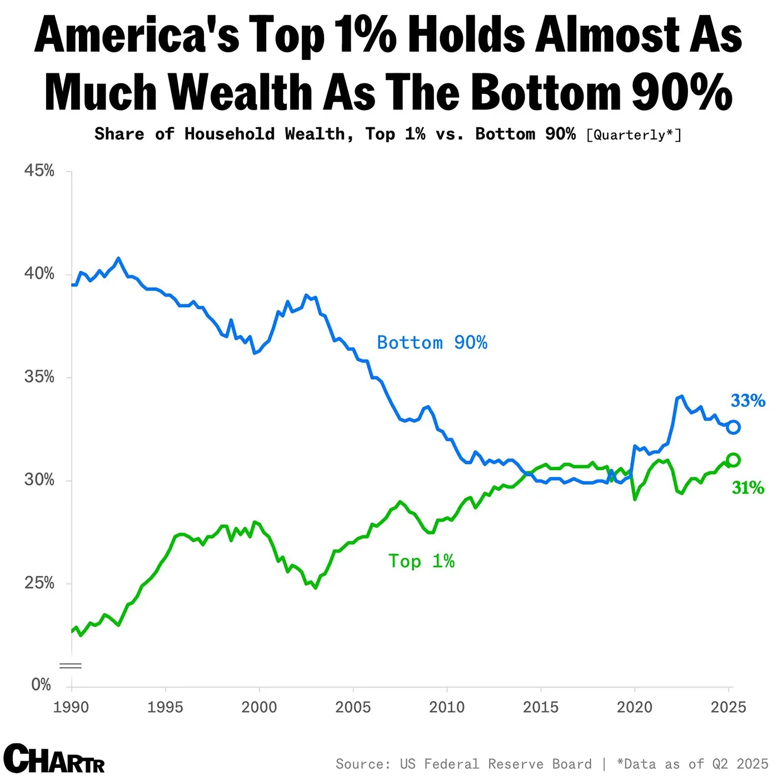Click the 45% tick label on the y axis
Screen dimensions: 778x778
pyautogui.click(x=39, y=171)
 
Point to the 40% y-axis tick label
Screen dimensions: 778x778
pyautogui.click(x=39, y=273)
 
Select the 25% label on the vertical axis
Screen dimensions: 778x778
pyautogui.click(x=39, y=583)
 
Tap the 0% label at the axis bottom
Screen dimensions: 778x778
pyautogui.click(x=41, y=685)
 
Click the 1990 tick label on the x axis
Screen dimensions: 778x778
pyautogui.click(x=71, y=707)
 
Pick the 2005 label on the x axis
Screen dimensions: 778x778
pyautogui.click(x=353, y=707)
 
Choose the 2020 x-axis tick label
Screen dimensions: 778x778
pyautogui.click(x=635, y=707)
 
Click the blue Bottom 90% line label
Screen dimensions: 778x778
pyautogui.click(x=432, y=342)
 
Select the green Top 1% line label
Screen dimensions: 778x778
pyautogui.click(x=421, y=561)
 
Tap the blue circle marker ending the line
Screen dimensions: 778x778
pyautogui.click(x=733, y=427)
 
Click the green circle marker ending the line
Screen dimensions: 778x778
pyautogui.click(x=733, y=460)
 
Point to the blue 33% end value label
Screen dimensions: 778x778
pyautogui.click(x=748, y=401)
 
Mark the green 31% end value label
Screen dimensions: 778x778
pyautogui.click(x=748, y=488)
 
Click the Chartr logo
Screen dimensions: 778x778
pyautogui.click(x=54, y=759)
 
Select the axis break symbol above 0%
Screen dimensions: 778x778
pyautogui.click(x=71, y=665)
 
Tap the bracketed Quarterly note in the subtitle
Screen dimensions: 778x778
pyautogui.click(x=634, y=135)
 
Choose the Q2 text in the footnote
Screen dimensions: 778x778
pyautogui.click(x=720, y=764)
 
